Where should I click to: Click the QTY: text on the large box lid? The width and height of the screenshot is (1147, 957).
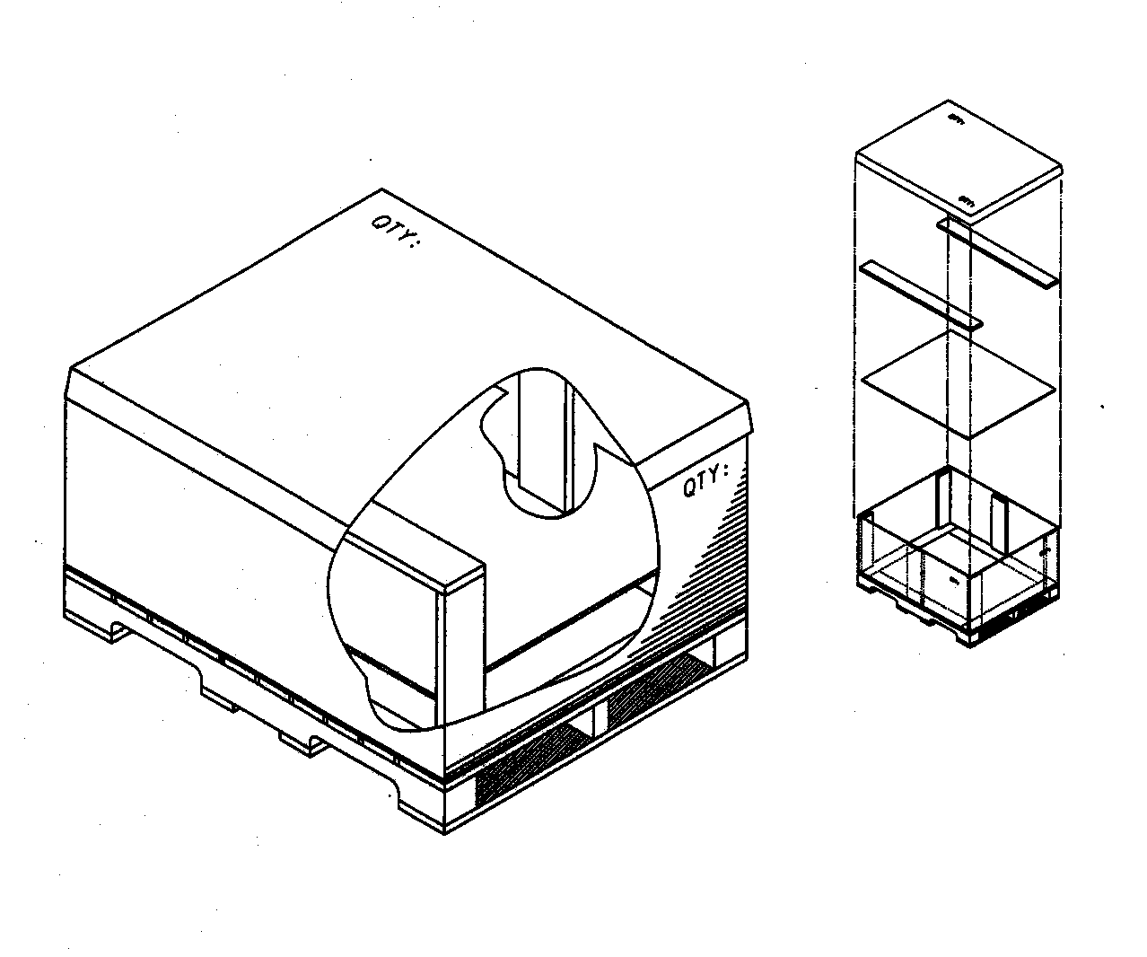click(x=396, y=233)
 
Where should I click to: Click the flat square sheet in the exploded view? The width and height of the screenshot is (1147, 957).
click(x=958, y=383)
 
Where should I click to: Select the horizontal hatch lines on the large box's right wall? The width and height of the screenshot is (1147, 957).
click(x=718, y=557)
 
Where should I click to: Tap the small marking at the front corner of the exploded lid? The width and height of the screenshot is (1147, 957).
click(x=968, y=201)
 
